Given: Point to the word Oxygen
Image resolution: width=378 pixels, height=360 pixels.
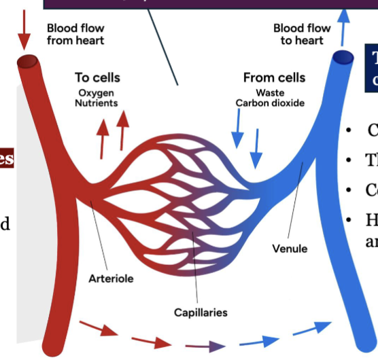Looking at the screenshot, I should coord(96,93).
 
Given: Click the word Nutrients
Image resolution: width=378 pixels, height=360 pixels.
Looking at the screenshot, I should coord(96,103).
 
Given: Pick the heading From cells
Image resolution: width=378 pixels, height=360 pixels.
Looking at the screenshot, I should coord(274,77).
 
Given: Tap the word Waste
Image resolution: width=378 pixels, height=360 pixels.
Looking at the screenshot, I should coord(270,93).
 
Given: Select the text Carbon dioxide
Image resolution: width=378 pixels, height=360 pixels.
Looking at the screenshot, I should coord(270,103).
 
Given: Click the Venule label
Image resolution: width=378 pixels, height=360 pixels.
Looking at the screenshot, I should coord(290,249).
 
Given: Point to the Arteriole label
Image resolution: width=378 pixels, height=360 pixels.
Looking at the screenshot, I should coord(111,278).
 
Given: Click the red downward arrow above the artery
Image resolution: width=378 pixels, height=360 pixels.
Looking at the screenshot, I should coord(25,27).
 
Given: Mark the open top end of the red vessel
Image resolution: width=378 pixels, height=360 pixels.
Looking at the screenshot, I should coord(28,63).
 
